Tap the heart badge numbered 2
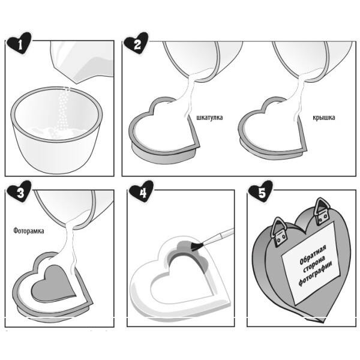[136, 43]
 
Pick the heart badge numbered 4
[141, 192]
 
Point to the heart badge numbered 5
[260, 192]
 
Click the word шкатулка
[209, 118]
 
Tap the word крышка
[324, 118]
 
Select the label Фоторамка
[29, 231]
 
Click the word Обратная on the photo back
[313, 255]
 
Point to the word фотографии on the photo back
[315, 274]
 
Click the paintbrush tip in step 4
[197, 247]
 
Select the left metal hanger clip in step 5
[279, 232]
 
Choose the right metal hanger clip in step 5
[323, 212]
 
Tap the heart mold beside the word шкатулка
[164, 131]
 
